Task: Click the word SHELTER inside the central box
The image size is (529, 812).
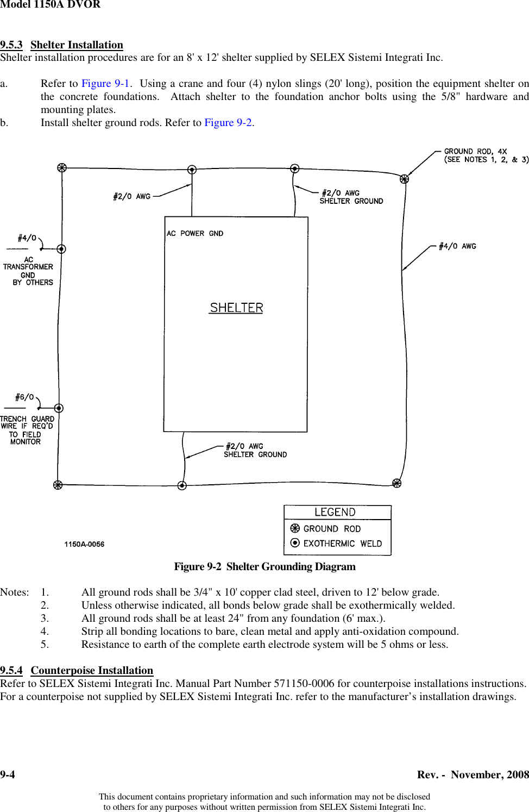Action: coord(236,308)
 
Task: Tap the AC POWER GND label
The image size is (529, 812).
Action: coord(194,234)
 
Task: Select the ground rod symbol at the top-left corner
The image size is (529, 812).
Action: coord(62,168)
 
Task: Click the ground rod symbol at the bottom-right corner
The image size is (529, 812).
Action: coord(397,483)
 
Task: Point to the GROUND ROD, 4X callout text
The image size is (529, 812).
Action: coord(475,152)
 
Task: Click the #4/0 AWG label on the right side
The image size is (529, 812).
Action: coord(457,246)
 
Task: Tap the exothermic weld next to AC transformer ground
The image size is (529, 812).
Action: coord(61,249)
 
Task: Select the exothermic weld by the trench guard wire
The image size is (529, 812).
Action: coord(59,408)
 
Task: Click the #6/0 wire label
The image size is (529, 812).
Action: coord(24,397)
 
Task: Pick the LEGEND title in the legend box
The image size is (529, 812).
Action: coord(335,513)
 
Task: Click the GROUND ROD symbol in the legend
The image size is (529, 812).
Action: coord(295,528)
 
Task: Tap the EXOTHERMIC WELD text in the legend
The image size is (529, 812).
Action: coord(342,544)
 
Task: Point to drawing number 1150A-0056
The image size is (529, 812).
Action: coord(84,544)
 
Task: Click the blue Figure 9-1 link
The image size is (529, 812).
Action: coord(105,84)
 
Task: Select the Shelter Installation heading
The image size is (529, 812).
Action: coord(77,45)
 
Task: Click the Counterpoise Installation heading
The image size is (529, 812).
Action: coord(92,671)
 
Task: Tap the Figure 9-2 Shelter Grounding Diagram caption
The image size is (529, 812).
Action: coord(264,567)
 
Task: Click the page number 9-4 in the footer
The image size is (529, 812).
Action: coord(8,775)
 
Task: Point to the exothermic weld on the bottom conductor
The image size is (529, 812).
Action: coord(182,485)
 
